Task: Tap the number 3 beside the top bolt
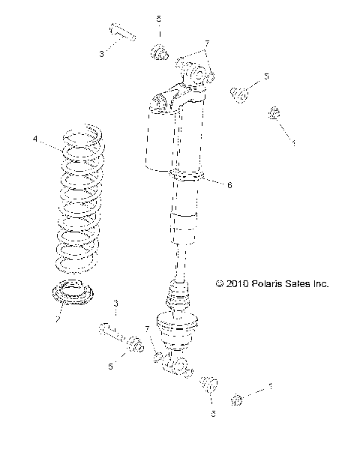[x=102, y=54]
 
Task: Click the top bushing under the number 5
[x=158, y=52]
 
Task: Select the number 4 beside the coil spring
[x=34, y=139]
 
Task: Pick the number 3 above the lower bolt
[x=115, y=303]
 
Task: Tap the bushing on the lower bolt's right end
[x=135, y=346]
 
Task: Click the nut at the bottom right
[x=238, y=399]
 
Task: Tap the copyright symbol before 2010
[x=219, y=285]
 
